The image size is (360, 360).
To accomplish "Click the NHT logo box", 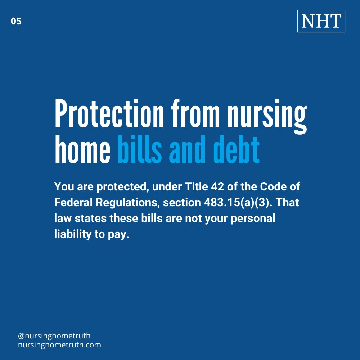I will coord(321,21).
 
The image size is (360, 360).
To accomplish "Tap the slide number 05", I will coord(16,21).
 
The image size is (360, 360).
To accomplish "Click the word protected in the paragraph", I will coord(122,187).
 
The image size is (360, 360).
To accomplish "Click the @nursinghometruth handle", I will coord(54,336).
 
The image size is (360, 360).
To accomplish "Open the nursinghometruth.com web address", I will coord(59,345).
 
